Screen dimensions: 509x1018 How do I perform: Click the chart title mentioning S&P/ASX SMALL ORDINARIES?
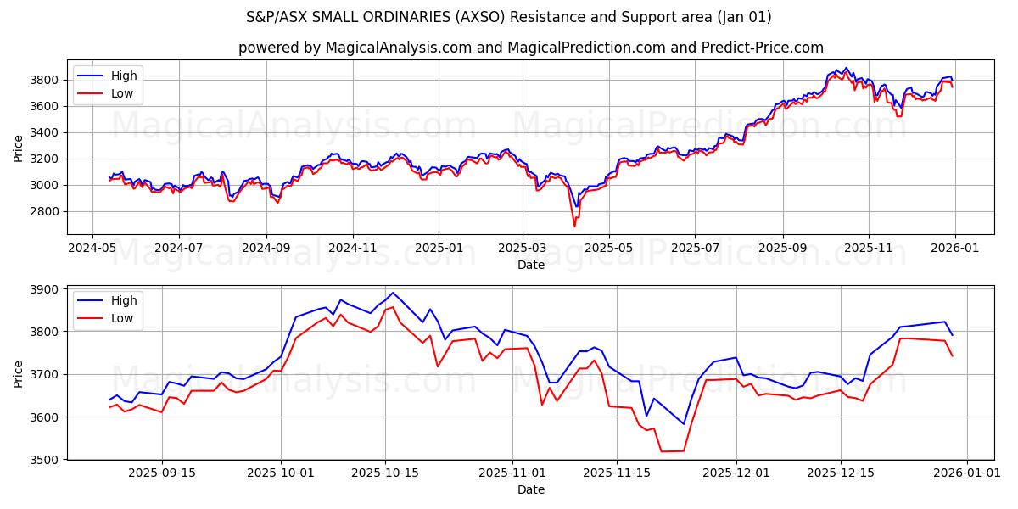(509, 17)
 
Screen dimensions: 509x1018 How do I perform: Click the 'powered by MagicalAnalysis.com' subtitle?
(531, 48)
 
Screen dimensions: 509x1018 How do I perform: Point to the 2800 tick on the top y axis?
(48, 211)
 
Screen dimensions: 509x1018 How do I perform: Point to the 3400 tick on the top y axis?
(48, 132)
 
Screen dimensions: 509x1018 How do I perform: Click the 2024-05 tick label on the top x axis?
(92, 248)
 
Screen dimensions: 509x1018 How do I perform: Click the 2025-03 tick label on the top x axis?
(522, 248)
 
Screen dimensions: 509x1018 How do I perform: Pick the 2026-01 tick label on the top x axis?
(955, 248)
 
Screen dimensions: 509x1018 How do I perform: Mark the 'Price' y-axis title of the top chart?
(19, 148)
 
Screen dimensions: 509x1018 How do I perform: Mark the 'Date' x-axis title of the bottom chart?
(531, 489)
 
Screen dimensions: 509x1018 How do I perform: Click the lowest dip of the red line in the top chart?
(574, 226)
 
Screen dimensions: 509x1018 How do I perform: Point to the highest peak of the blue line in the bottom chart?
(392, 293)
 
